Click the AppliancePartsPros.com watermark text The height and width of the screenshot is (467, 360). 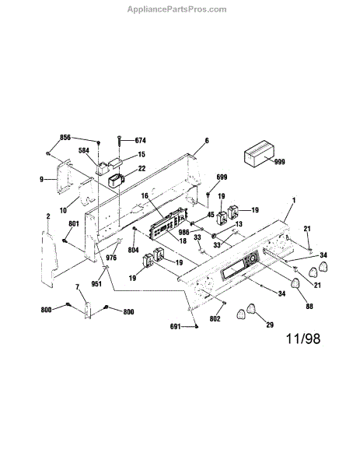pyautogui.click(x=177, y=9)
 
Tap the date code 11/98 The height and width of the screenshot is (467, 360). pyautogui.click(x=303, y=339)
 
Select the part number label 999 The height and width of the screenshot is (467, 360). pyautogui.click(x=279, y=162)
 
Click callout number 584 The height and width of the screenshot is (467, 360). pyautogui.click(x=84, y=151)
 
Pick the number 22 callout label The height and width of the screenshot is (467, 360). pyautogui.click(x=142, y=169)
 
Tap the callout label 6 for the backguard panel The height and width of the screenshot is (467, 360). pyautogui.click(x=207, y=141)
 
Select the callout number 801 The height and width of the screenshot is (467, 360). pyautogui.click(x=74, y=223)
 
